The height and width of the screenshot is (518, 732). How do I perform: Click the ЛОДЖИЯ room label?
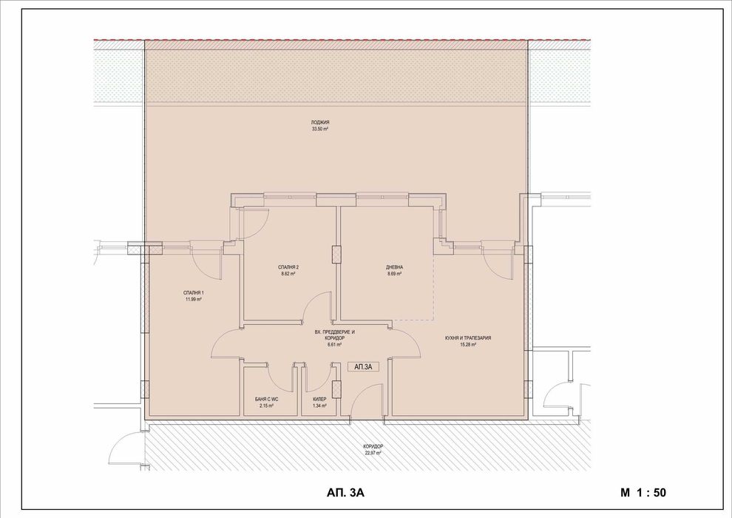tap(320, 122)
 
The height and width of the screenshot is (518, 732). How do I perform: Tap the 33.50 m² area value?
tap(320, 129)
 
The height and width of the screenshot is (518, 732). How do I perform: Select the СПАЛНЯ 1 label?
tap(194, 294)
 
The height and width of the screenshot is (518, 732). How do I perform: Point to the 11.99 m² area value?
tap(194, 300)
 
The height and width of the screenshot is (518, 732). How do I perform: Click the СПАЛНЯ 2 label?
tap(289, 267)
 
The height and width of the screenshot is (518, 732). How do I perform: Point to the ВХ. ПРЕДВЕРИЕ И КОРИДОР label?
tap(335, 335)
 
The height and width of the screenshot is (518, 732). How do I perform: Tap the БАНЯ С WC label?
tap(267, 399)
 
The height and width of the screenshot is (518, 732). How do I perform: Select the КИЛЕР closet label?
tap(319, 399)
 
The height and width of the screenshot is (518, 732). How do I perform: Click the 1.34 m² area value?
tap(319, 406)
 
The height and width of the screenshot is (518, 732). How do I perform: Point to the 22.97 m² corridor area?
tap(373, 453)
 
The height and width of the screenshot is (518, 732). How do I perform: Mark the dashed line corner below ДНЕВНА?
tap(434, 320)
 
